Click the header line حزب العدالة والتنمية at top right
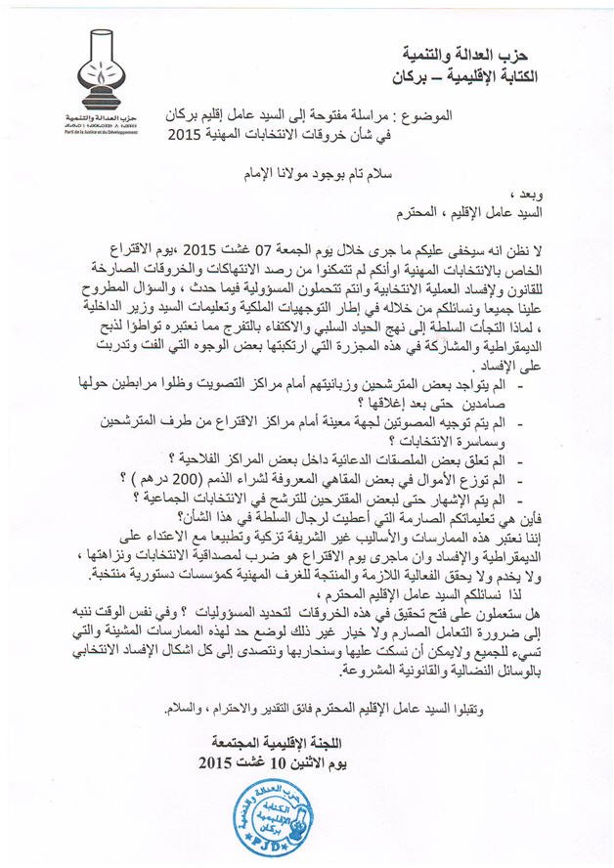pos(481,54)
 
